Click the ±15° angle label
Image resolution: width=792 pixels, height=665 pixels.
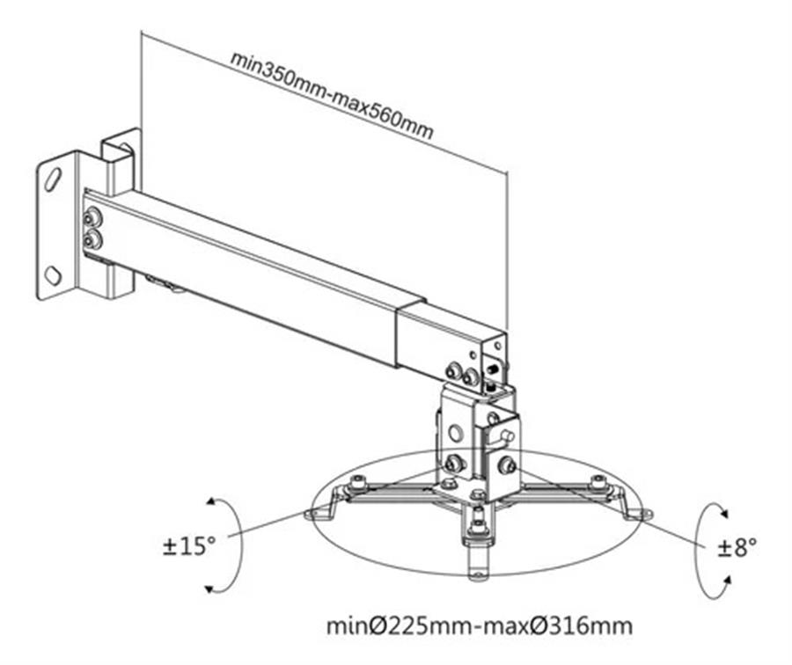189,546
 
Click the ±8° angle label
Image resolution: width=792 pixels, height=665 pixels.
737,547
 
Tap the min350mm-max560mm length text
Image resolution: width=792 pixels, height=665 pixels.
332,95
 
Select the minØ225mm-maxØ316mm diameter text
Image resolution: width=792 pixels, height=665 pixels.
480,626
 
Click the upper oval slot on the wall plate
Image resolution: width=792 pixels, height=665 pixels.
53,179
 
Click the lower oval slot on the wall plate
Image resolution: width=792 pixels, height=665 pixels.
53,275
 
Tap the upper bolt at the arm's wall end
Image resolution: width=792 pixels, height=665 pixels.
92,219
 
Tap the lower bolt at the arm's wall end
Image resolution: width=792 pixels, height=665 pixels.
92,240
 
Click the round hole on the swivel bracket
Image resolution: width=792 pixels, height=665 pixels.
455,434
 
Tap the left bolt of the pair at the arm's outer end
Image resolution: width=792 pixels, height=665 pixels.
452,372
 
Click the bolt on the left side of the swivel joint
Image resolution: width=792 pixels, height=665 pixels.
455,463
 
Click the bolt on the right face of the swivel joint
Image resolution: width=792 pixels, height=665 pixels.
506,464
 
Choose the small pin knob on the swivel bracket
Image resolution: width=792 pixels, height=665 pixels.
507,435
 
